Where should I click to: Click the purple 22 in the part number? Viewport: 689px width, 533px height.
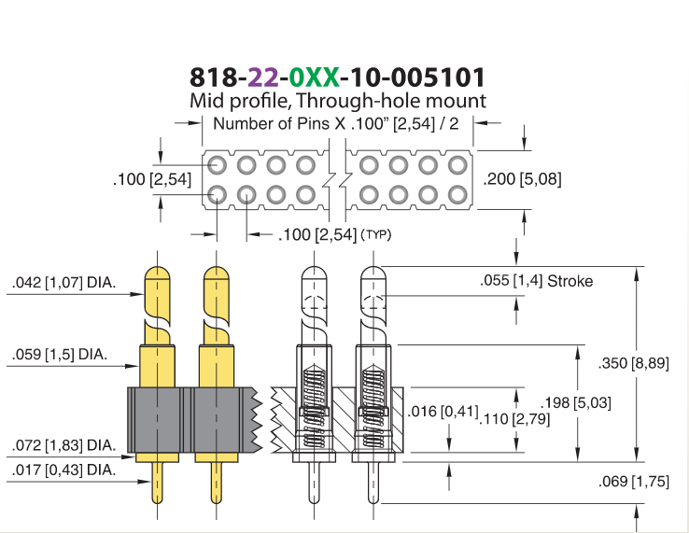click(x=263, y=77)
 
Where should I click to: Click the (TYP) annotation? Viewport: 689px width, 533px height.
click(x=375, y=234)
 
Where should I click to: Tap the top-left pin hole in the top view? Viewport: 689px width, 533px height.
click(x=218, y=165)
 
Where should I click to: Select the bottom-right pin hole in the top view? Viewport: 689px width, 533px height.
click(x=457, y=195)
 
